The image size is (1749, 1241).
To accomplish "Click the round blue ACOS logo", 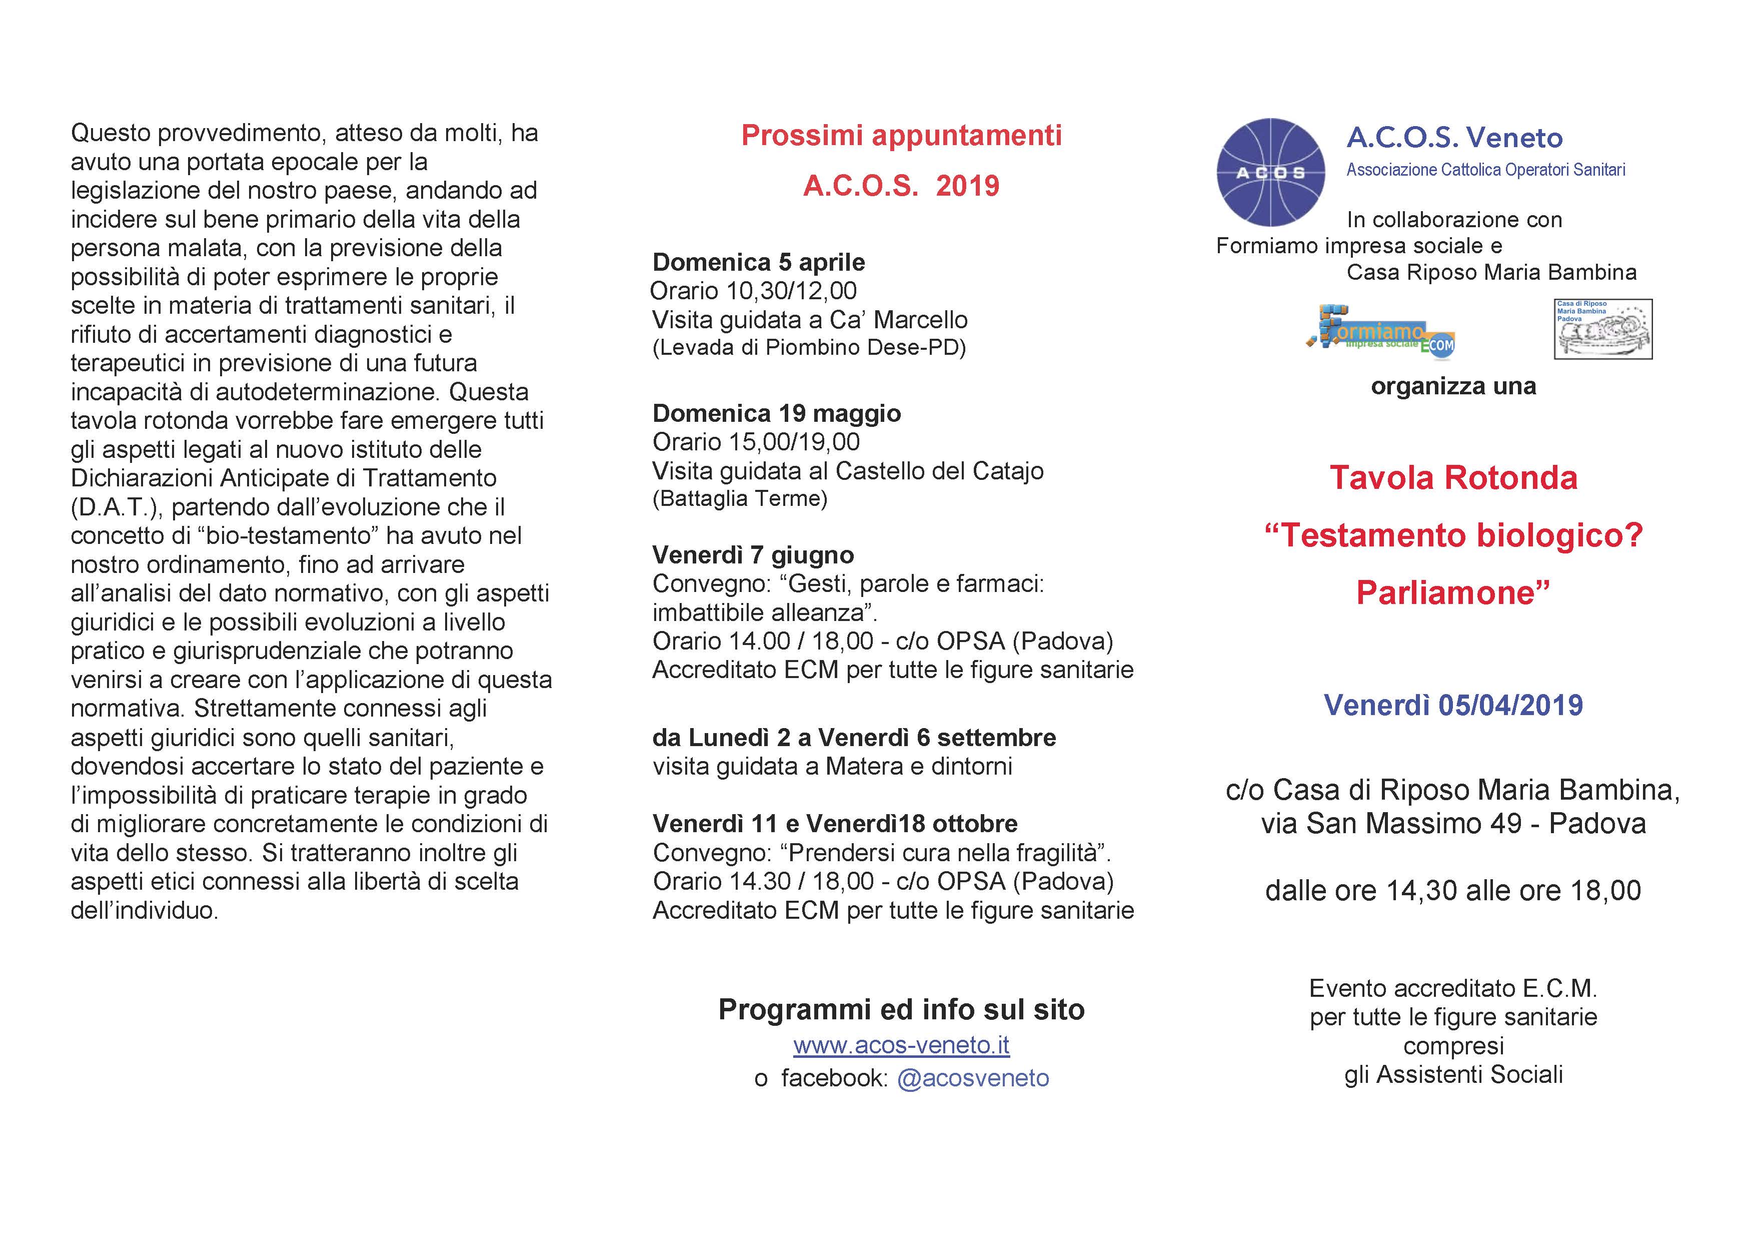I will click(x=1270, y=172).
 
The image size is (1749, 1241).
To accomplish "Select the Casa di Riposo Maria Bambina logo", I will click(x=1602, y=329).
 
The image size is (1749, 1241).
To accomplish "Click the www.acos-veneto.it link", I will click(x=901, y=1045).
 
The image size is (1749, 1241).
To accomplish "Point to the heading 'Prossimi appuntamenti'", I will click(x=901, y=135).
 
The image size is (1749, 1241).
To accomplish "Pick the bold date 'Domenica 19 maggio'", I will click(x=776, y=413).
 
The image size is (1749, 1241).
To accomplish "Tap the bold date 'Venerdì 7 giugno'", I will click(x=753, y=555).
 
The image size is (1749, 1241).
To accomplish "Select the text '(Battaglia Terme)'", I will click(x=739, y=499).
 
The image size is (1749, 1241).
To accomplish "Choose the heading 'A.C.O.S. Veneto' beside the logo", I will click(x=1454, y=138).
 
